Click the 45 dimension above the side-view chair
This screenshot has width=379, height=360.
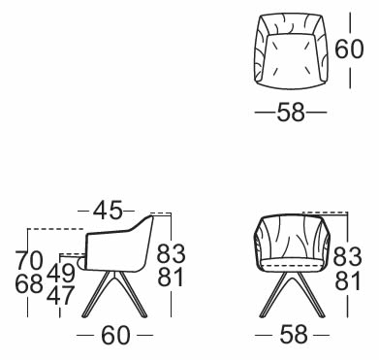pos(108,210)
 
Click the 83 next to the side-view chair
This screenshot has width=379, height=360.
pos(171,253)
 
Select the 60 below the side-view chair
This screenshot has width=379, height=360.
pos(115,336)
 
